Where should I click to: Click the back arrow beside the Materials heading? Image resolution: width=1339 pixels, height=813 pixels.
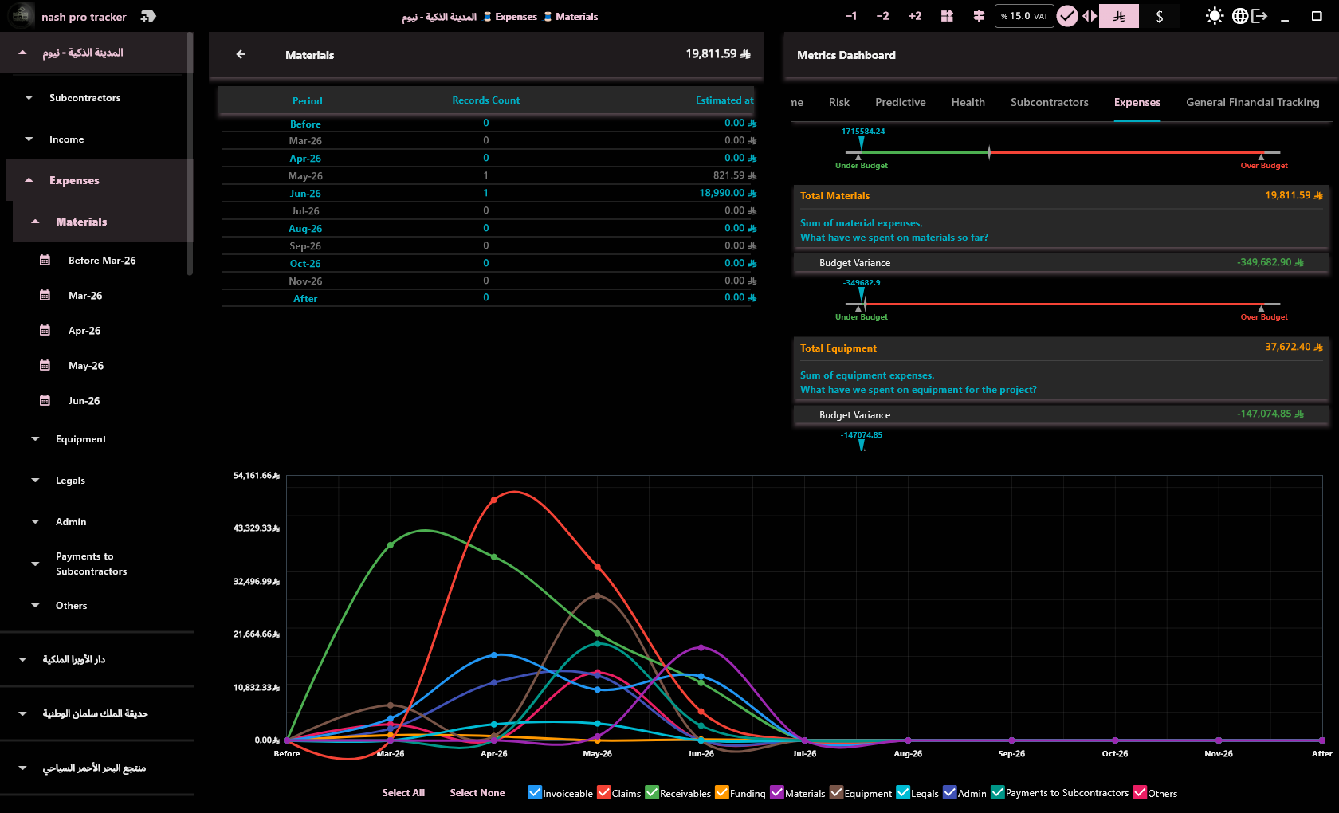coord(241,54)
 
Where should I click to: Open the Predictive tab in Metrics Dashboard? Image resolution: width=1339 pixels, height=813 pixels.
coord(901,102)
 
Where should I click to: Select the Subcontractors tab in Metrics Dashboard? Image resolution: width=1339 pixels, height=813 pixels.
coord(1049,102)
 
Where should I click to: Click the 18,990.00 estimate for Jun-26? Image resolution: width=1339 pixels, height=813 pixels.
coord(721,193)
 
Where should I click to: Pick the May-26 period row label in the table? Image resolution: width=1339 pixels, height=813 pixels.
coord(304,175)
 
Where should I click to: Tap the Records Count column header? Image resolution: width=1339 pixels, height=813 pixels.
coord(485,100)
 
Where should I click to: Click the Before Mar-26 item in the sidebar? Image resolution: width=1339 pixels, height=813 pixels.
coord(102,261)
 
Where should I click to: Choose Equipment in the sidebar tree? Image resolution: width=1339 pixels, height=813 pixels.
coord(80,438)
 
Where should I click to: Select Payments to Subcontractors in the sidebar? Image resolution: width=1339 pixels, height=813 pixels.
coord(91,564)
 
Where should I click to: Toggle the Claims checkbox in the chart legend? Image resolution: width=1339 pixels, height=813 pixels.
coord(604,792)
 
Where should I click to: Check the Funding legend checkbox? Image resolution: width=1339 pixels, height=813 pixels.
coord(721,792)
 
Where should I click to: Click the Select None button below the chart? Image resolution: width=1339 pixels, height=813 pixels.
coord(477,792)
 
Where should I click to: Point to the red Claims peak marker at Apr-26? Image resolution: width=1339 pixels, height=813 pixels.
coord(494,500)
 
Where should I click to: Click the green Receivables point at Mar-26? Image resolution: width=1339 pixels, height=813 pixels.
coord(391,545)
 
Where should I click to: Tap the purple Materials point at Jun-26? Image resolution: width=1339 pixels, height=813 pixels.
coord(701,647)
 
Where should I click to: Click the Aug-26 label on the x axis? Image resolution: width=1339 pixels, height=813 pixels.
coord(907,753)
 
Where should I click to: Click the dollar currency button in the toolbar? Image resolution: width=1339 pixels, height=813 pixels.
coord(1159,16)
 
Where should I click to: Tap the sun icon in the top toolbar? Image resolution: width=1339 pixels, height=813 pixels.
coord(1214,16)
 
